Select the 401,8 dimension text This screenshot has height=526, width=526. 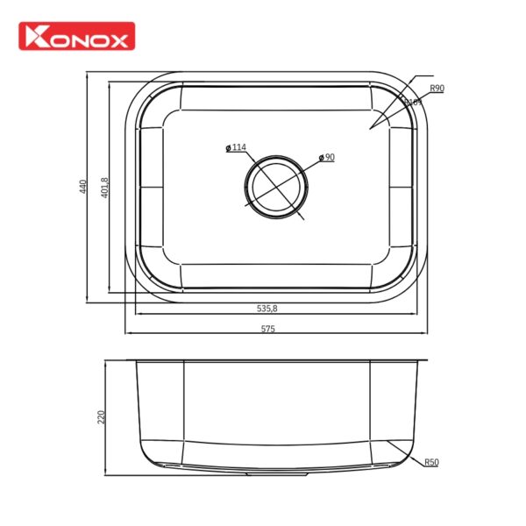pyautogui.click(x=104, y=188)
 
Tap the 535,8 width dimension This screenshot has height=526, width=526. pyautogui.click(x=267, y=309)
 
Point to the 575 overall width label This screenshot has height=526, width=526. pyautogui.click(x=267, y=330)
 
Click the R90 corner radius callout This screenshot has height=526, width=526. pyautogui.click(x=437, y=89)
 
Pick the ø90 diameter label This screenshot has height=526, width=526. pyautogui.click(x=326, y=158)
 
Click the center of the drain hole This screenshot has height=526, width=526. pyautogui.click(x=276, y=187)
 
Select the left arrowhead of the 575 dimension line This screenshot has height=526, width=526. pyautogui.click(x=127, y=334)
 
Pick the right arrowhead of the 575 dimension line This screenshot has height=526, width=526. pyautogui.click(x=427, y=334)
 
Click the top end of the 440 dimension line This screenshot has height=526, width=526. pyautogui.click(x=88, y=74)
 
